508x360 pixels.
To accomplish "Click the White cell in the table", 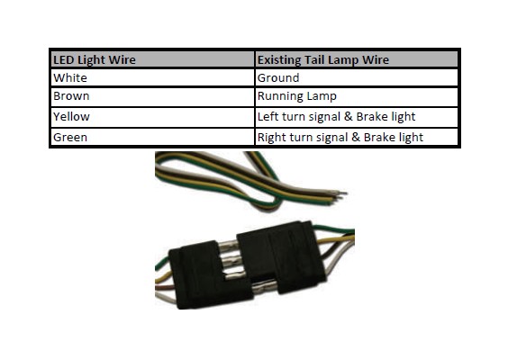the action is pos(152,77).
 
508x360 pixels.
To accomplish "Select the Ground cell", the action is pos(357,77).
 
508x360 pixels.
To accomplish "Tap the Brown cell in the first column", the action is pos(152,97).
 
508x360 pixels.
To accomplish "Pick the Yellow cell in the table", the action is pos(152,117).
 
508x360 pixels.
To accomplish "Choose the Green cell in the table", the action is pos(152,137).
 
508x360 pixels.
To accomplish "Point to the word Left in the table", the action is pos(268,116).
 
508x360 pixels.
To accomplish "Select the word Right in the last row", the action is pos(271,138).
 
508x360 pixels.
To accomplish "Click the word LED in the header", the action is pos(64,60).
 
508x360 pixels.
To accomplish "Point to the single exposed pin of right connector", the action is pos(264,287).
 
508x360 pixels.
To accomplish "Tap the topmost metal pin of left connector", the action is pos(229,246).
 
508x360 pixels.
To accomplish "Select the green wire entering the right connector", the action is pos(333,229).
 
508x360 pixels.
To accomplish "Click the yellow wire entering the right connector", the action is pos(336,240).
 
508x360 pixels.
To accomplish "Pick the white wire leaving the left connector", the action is pos(166,297).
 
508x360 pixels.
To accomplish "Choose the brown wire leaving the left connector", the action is pos(165,287).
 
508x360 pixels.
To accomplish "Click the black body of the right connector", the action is pos(281,256).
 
